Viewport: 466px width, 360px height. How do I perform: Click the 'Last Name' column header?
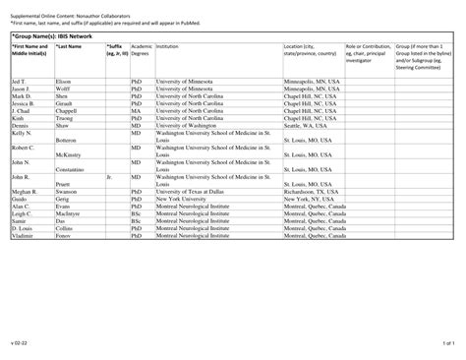[69, 46]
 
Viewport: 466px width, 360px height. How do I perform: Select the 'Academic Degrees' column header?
[142, 50]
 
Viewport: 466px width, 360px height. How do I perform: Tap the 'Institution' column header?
[168, 46]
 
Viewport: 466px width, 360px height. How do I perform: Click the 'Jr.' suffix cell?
[110, 177]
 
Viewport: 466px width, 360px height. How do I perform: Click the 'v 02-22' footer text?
[18, 343]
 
